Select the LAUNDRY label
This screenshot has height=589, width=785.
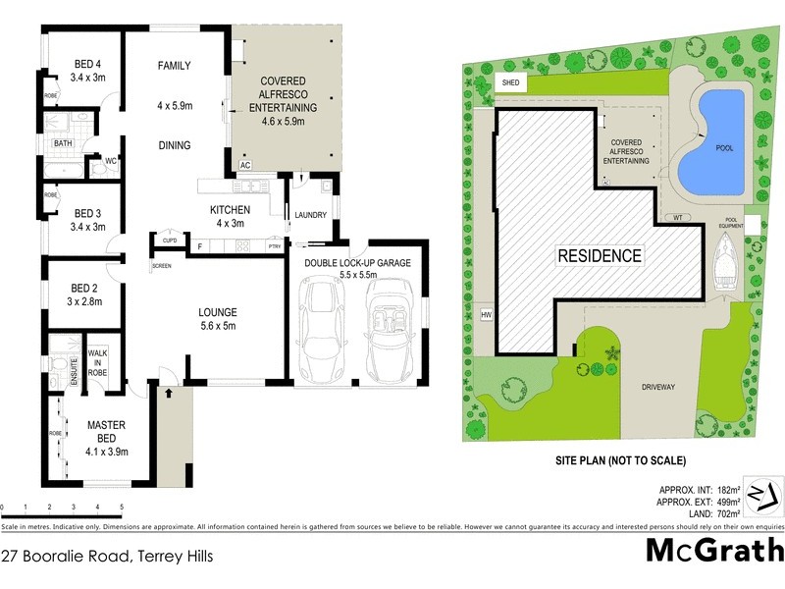[x=310, y=215]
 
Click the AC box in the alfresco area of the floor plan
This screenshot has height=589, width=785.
[x=245, y=166]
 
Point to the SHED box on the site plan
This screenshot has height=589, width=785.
[x=510, y=83]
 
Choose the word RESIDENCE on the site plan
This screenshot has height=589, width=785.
[x=600, y=256]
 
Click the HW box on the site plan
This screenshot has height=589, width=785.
[x=485, y=314]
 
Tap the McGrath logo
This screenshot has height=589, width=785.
[x=709, y=550]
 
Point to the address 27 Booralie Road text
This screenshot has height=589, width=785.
[x=107, y=556]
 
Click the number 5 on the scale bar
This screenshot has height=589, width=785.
[x=122, y=508]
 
